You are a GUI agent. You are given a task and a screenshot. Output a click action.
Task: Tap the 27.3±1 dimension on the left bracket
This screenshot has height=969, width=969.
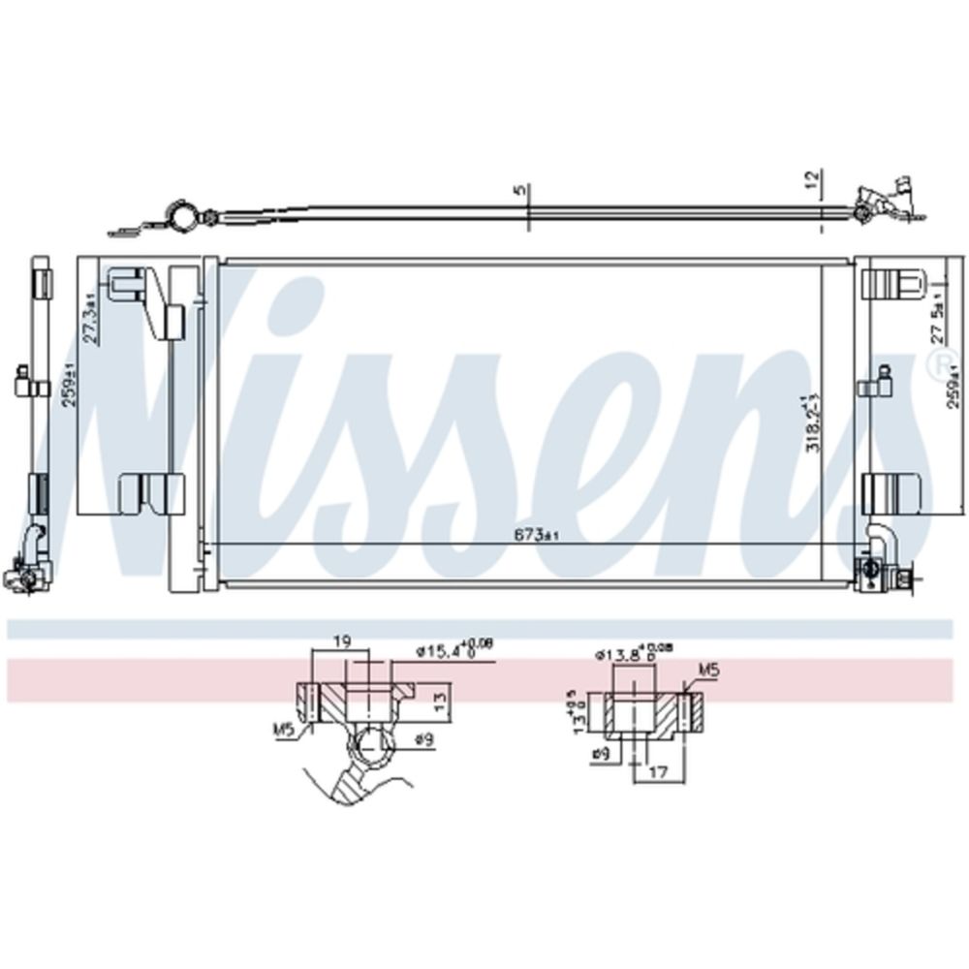(89, 318)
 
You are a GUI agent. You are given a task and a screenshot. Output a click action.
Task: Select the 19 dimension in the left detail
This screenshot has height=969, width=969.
(341, 642)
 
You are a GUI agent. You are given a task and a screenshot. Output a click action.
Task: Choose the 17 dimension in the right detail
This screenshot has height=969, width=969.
(658, 772)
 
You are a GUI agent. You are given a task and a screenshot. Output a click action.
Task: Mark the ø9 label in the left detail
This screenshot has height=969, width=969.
(423, 740)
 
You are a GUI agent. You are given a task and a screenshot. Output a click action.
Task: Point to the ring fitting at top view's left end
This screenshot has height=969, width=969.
(180, 213)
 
